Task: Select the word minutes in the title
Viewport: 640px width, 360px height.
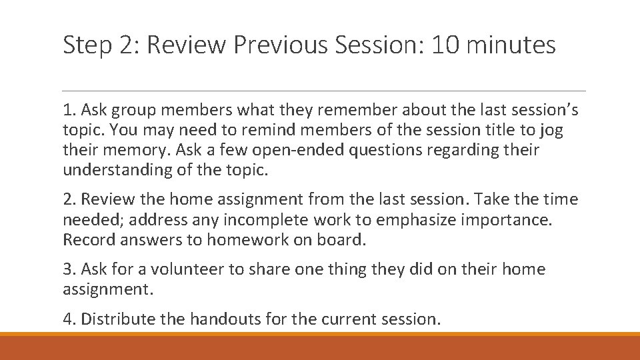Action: pos(513,45)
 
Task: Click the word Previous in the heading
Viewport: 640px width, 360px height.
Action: pos(288,45)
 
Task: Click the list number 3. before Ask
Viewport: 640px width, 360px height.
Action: pos(69,269)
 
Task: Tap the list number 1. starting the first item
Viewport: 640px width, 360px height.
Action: pos(69,110)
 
